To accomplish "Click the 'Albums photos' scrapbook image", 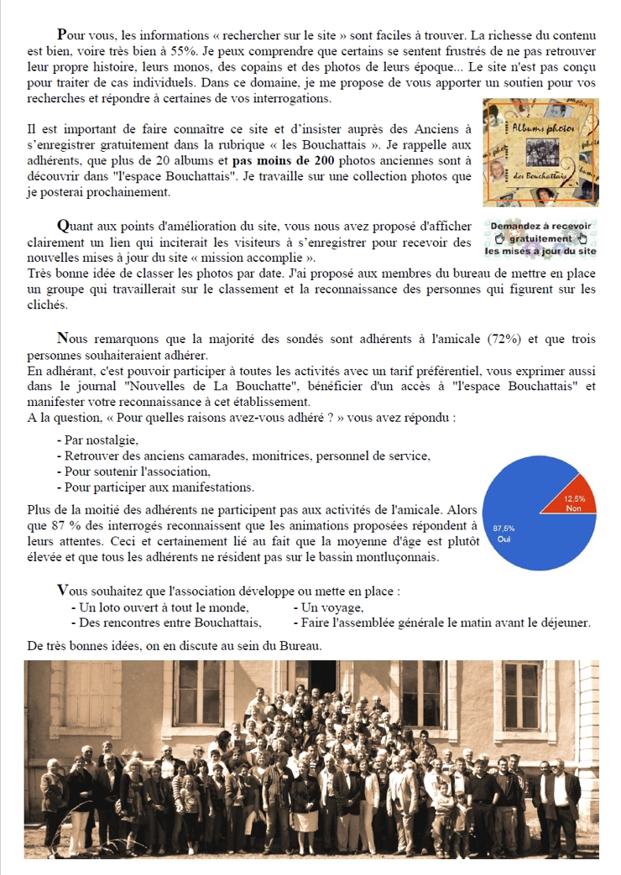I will click(x=540, y=153).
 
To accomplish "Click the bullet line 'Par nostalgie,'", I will click(x=97, y=440).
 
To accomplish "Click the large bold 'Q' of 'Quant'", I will click(x=62, y=226).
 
